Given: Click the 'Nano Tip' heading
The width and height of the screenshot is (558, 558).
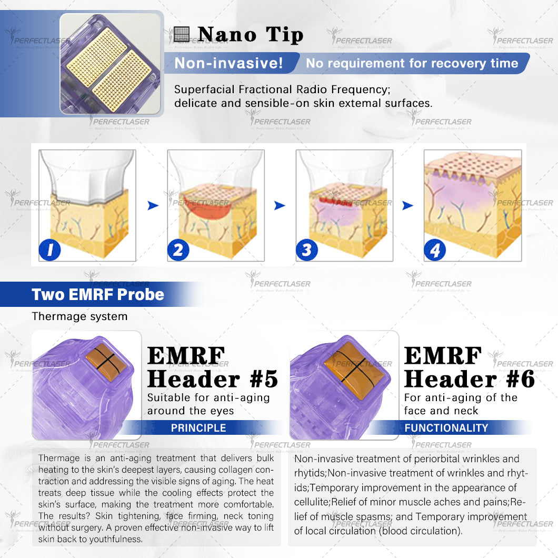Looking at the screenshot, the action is point(251,35).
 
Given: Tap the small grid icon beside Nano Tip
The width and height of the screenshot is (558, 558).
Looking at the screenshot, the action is point(182,35).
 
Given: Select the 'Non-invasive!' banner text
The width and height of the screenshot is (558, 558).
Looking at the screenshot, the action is point(228,63).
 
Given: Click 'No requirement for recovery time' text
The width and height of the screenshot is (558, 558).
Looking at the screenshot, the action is point(412,63).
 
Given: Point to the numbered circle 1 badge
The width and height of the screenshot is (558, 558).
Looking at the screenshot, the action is point(49,250).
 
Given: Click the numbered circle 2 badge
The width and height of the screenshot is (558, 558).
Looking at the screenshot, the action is point(178,250).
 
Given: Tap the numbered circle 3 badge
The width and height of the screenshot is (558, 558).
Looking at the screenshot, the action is point(307,250).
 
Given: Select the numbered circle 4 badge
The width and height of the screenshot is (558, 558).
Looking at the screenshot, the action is point(435,250).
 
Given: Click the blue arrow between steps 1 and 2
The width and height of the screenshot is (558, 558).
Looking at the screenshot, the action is point(153,205).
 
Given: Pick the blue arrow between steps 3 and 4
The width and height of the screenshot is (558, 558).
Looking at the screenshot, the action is point(407,205).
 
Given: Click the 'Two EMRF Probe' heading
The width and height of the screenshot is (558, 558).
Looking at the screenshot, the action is point(98,294).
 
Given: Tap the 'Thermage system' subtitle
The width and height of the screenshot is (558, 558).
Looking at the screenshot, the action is point(79,316).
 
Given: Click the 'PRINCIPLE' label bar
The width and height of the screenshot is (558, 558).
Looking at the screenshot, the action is point(198,428).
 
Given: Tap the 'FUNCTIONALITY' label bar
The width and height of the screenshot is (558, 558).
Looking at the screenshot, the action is point(446,428).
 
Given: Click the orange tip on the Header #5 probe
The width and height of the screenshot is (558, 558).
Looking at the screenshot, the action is point(106,361).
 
